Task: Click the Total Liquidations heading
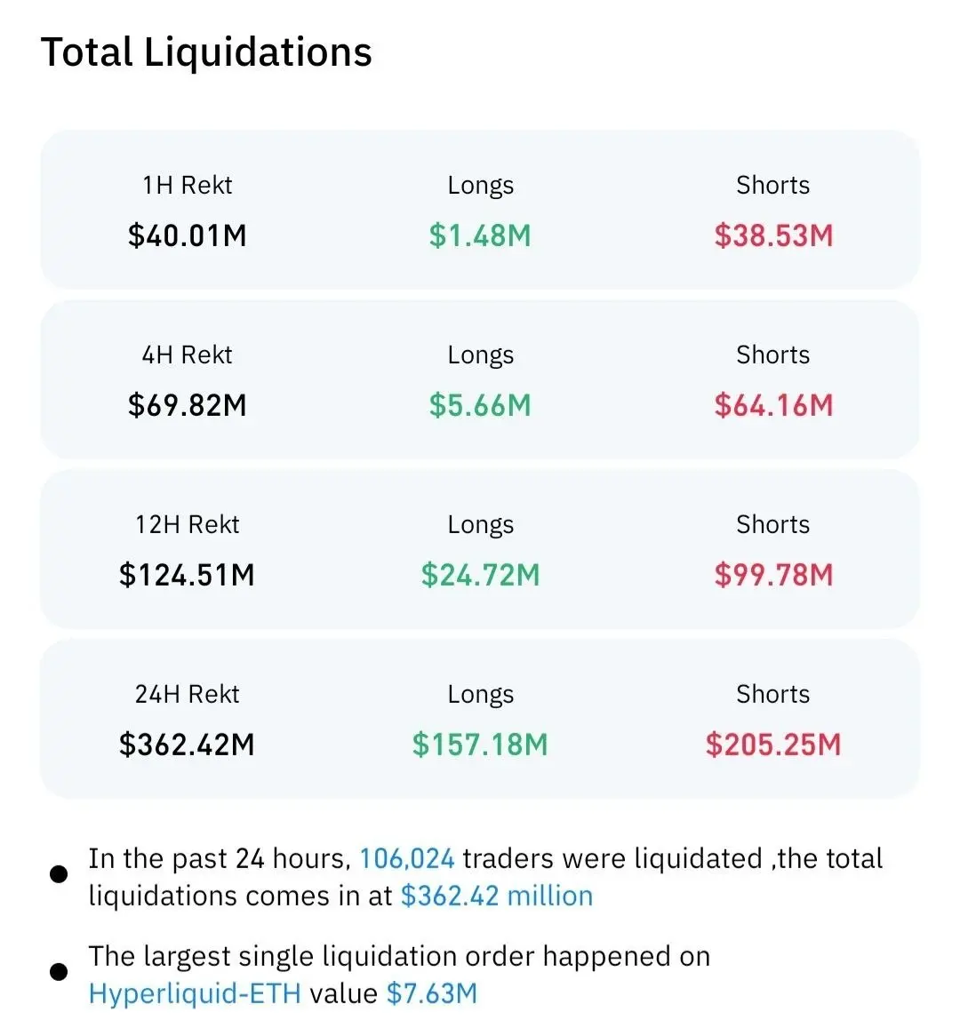click(x=206, y=52)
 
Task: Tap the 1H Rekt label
click(x=188, y=185)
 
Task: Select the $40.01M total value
click(x=188, y=235)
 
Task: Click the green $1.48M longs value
click(x=480, y=235)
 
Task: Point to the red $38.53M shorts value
click(x=773, y=235)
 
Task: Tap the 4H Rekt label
click(x=188, y=355)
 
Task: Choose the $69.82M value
click(x=188, y=405)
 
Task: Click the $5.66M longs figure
click(x=480, y=405)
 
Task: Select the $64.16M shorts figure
click(x=773, y=405)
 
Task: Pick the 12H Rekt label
click(x=188, y=524)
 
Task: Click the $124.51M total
click(x=187, y=575)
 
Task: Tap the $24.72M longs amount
click(x=481, y=575)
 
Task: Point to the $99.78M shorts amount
click(x=773, y=575)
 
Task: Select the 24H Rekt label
click(x=188, y=694)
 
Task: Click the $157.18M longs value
click(x=480, y=745)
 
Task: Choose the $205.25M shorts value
click(x=773, y=745)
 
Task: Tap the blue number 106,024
click(x=407, y=859)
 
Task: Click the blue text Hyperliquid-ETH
click(x=195, y=994)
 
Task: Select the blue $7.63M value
click(x=432, y=994)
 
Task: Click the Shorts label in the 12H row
click(x=773, y=524)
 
